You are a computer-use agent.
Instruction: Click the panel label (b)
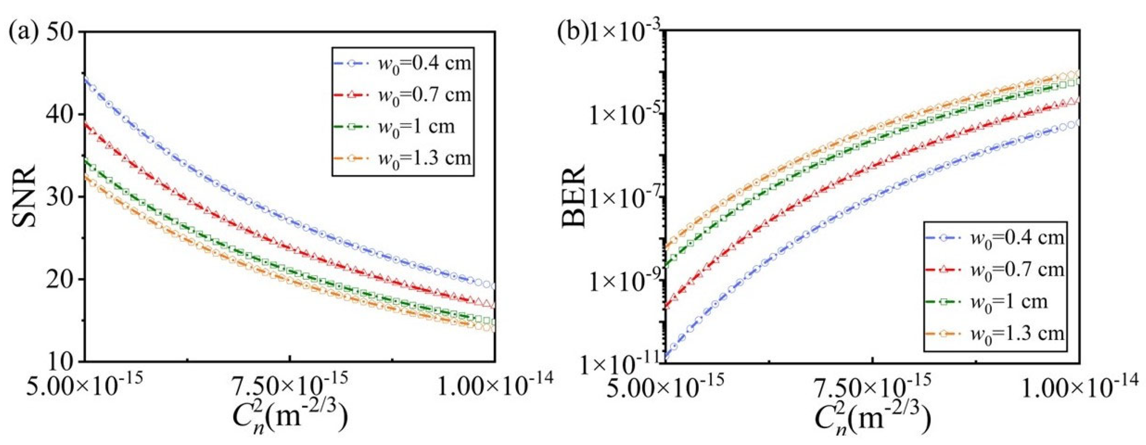(x=574, y=33)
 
